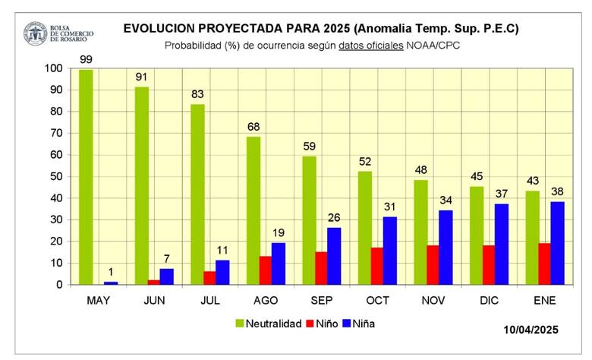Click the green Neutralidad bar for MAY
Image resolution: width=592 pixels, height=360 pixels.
[86, 177]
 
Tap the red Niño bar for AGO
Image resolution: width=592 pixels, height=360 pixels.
[266, 270]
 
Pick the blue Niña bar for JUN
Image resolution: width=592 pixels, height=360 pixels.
[167, 276]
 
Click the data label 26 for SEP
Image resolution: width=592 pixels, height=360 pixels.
[335, 216]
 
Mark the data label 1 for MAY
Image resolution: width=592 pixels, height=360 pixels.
[112, 272]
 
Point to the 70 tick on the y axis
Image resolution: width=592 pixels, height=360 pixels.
[55, 133]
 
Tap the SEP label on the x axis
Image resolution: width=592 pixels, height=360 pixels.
[322, 300]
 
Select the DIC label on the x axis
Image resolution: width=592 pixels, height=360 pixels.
[490, 300]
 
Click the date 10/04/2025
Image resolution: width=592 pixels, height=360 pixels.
[531, 330]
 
